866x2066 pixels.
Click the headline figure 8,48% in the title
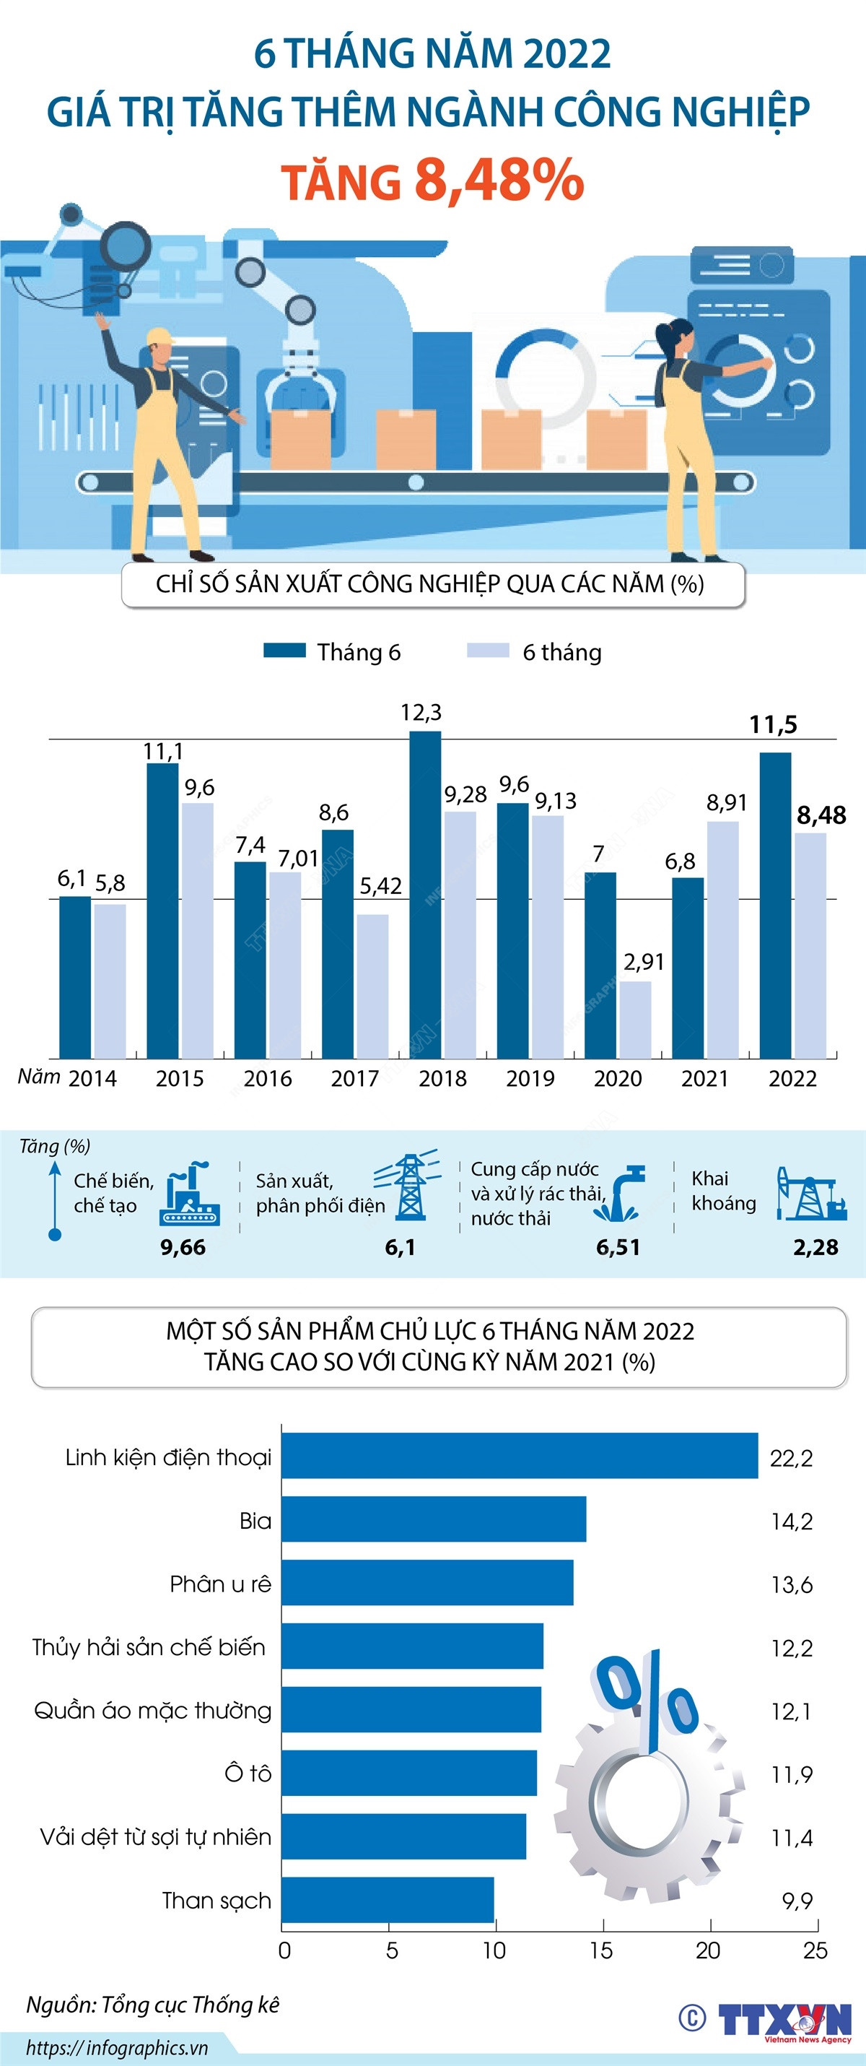pyautogui.click(x=499, y=180)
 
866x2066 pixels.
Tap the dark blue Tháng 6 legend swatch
pyautogui.click(x=284, y=651)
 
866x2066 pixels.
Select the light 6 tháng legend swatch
pyautogui.click(x=488, y=651)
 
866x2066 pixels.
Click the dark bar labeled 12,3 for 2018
pyautogui.click(x=425, y=894)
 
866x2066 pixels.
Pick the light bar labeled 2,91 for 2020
pyautogui.click(x=635, y=1020)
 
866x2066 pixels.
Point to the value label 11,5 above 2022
pyautogui.click(x=773, y=725)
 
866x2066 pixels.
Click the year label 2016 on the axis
pyautogui.click(x=268, y=1079)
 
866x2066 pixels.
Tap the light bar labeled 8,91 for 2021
pyautogui.click(x=722, y=939)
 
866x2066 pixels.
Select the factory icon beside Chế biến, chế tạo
pyautogui.click(x=190, y=1195)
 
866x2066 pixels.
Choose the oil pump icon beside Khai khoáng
pyautogui.click(x=808, y=1195)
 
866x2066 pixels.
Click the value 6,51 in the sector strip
pyautogui.click(x=618, y=1247)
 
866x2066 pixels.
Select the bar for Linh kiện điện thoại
pyautogui.click(x=520, y=1456)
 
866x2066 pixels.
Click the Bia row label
pyautogui.click(x=255, y=1522)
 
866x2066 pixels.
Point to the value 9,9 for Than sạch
pyautogui.click(x=797, y=1901)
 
